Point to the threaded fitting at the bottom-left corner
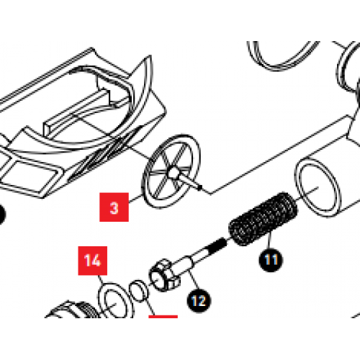[68, 317]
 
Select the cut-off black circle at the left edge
[1, 214]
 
